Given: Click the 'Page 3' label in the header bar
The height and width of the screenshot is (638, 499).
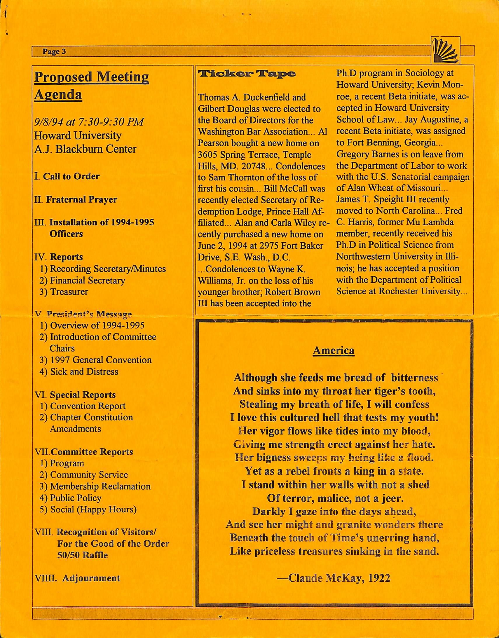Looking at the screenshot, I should coord(54,52).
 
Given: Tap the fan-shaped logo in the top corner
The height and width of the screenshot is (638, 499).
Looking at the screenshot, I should coord(445,50).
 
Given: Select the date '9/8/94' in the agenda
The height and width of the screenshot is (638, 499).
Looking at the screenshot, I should coord(48,121).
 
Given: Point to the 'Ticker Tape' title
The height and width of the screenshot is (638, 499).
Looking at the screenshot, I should coord(247,74).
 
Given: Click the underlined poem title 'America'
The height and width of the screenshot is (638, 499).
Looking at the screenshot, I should coord(333,350).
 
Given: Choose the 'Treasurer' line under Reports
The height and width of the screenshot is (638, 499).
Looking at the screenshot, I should coord(69,292).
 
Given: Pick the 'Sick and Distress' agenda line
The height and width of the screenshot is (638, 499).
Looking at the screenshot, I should coord(84,371).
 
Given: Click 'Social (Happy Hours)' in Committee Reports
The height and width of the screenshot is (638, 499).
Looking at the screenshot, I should coord(93,510).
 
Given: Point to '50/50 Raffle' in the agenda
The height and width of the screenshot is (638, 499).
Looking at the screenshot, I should coord(82,555).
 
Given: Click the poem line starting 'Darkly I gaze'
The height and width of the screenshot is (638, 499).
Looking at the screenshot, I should coord(333,512).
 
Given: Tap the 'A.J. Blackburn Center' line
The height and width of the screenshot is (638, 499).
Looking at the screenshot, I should coord(85,149).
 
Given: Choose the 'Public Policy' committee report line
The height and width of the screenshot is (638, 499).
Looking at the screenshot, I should coord(75,498).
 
